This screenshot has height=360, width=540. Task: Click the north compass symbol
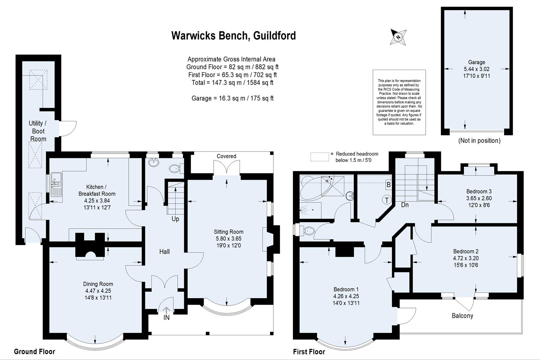click(x=398, y=37)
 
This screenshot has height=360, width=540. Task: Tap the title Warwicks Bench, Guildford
click(x=233, y=36)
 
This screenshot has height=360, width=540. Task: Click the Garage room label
click(x=476, y=62)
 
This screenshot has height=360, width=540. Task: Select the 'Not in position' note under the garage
click(x=479, y=141)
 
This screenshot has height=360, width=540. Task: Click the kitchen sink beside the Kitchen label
click(x=56, y=184)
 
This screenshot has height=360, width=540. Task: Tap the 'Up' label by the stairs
click(x=175, y=219)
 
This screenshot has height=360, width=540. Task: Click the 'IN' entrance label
click(x=166, y=318)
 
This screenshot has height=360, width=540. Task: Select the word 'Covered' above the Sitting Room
click(x=226, y=156)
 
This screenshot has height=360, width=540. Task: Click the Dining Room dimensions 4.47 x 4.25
click(x=98, y=291)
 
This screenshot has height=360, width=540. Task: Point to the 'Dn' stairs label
click(x=405, y=205)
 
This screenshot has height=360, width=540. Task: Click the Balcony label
click(x=462, y=316)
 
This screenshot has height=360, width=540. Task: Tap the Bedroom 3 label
click(x=479, y=191)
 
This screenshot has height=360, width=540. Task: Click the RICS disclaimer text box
click(x=399, y=102)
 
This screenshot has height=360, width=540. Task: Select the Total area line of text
click(x=232, y=83)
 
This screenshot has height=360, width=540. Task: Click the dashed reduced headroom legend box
click(x=320, y=157)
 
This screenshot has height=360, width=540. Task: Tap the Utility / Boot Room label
click(x=38, y=131)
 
